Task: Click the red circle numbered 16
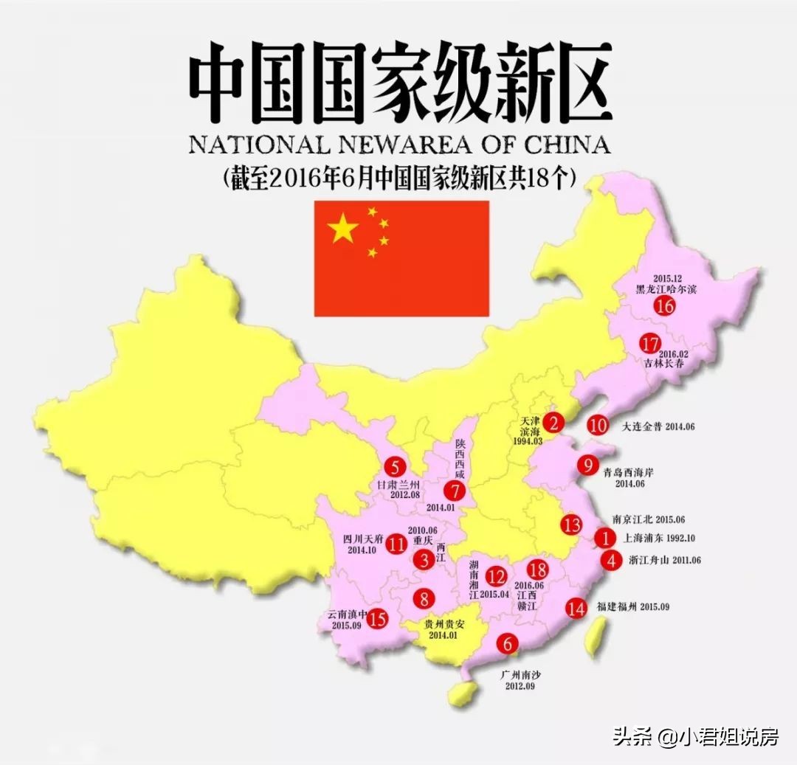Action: (x=665, y=305)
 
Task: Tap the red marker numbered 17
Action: (x=650, y=344)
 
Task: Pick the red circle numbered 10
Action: (x=598, y=425)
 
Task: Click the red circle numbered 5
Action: (x=395, y=466)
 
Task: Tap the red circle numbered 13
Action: (x=570, y=525)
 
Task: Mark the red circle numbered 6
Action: (x=507, y=643)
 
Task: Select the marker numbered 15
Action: (x=377, y=618)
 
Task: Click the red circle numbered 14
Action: (x=576, y=608)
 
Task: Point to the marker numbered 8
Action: (x=424, y=598)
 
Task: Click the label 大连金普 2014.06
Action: (x=658, y=426)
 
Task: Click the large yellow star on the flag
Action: (x=343, y=229)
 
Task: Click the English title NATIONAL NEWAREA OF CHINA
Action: (x=399, y=143)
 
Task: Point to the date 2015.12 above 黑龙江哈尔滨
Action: (x=666, y=278)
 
